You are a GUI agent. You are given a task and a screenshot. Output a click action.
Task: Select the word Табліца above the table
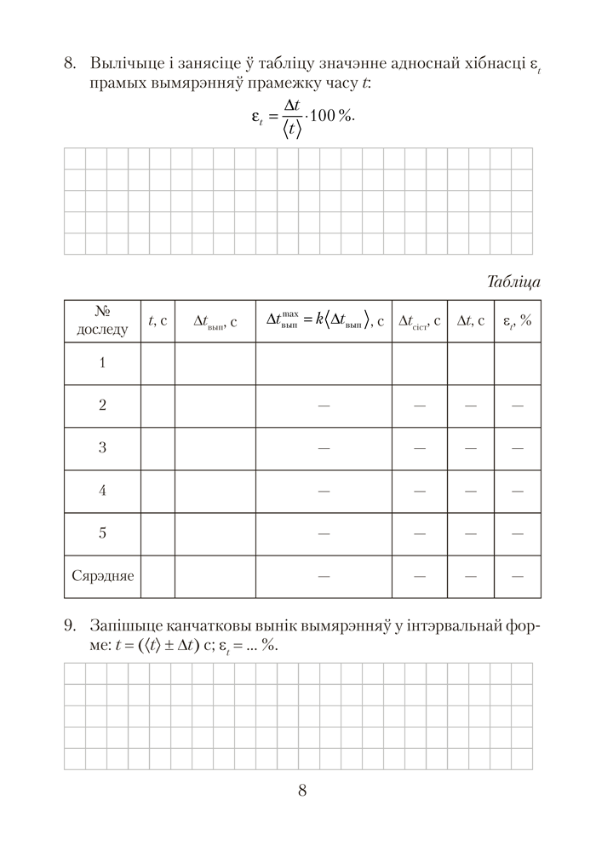[x=514, y=281]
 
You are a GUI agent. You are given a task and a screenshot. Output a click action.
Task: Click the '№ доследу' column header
[x=102, y=320]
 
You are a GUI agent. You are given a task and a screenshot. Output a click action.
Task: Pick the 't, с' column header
[x=158, y=321]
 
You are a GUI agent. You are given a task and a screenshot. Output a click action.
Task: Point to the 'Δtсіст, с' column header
[x=419, y=321]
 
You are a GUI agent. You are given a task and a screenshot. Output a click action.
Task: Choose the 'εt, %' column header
[x=517, y=321]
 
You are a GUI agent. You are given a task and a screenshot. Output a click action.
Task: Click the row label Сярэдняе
[x=102, y=576]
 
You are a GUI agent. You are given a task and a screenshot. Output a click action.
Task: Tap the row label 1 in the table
[x=102, y=363]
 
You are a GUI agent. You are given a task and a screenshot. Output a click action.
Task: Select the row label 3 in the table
[x=102, y=448]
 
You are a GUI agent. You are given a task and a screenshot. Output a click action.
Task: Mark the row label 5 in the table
[x=102, y=533]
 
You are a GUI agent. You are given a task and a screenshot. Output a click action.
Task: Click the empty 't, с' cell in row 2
[x=158, y=406]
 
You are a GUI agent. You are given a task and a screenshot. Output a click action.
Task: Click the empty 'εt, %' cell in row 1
[x=517, y=363]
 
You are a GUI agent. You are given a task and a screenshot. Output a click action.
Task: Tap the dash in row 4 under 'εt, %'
[x=517, y=491]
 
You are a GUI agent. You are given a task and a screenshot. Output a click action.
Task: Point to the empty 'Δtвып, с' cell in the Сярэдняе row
[x=215, y=576]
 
